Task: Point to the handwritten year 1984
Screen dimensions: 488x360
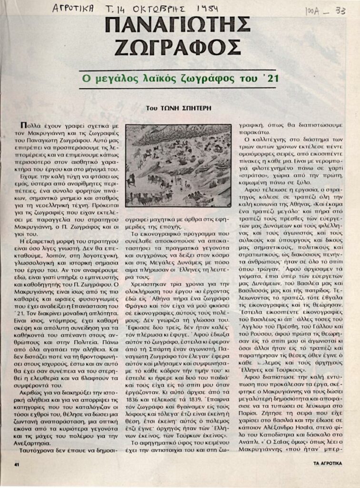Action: click(x=207, y=9)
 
